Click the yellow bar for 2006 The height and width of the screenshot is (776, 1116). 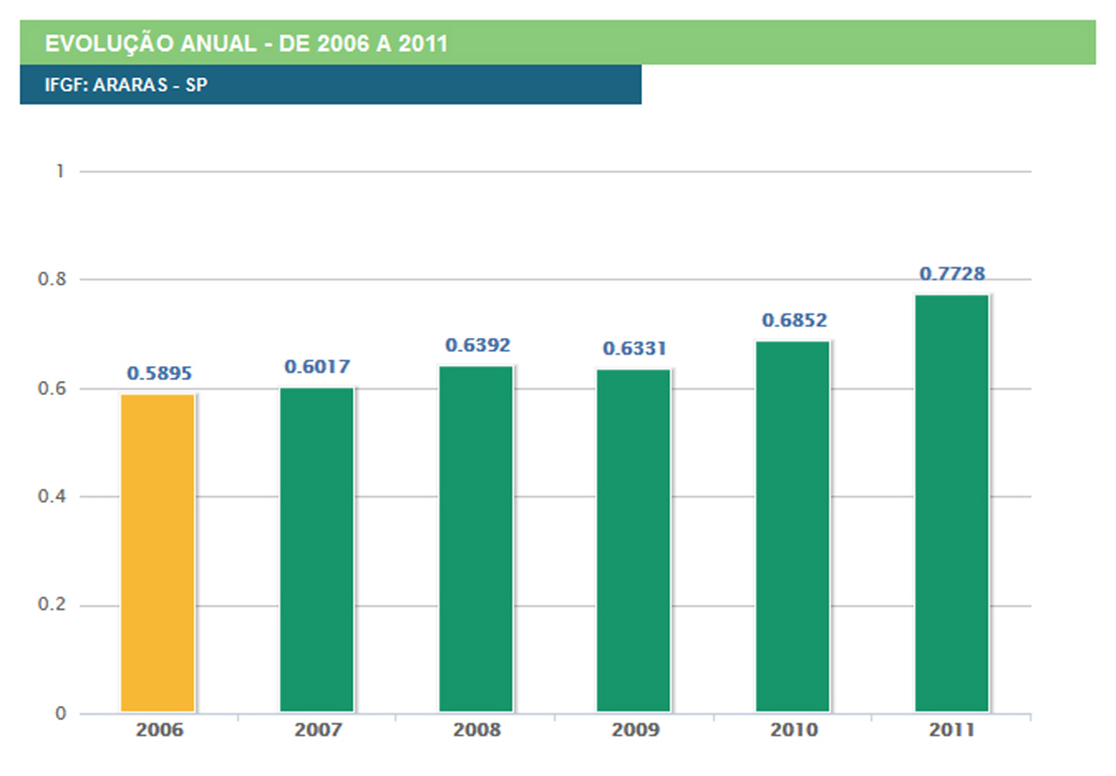click(158, 553)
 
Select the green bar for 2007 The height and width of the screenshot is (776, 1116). click(317, 550)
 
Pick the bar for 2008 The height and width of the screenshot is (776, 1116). click(476, 539)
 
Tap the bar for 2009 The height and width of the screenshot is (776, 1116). click(634, 540)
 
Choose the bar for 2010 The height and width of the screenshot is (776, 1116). click(793, 526)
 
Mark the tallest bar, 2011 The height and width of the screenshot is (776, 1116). click(952, 503)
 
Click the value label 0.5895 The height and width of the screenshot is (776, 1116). click(159, 373)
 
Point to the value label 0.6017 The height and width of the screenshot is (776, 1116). click(317, 367)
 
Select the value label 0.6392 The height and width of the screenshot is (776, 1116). click(478, 345)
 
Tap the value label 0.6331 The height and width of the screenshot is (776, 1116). click(635, 348)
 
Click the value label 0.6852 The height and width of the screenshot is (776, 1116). click(795, 321)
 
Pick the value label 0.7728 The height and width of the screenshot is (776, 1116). click(952, 274)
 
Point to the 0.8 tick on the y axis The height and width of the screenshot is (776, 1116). click(52, 279)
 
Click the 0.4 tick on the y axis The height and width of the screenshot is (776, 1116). click(52, 496)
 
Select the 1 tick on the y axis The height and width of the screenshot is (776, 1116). click(60, 171)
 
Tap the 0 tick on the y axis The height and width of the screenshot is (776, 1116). click(60, 714)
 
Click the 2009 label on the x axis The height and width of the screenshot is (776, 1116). click(635, 730)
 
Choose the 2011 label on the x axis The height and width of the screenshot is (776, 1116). click(952, 730)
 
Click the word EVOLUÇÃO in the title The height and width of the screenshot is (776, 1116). click(109, 43)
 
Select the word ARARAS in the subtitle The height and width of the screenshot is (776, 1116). click(131, 85)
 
